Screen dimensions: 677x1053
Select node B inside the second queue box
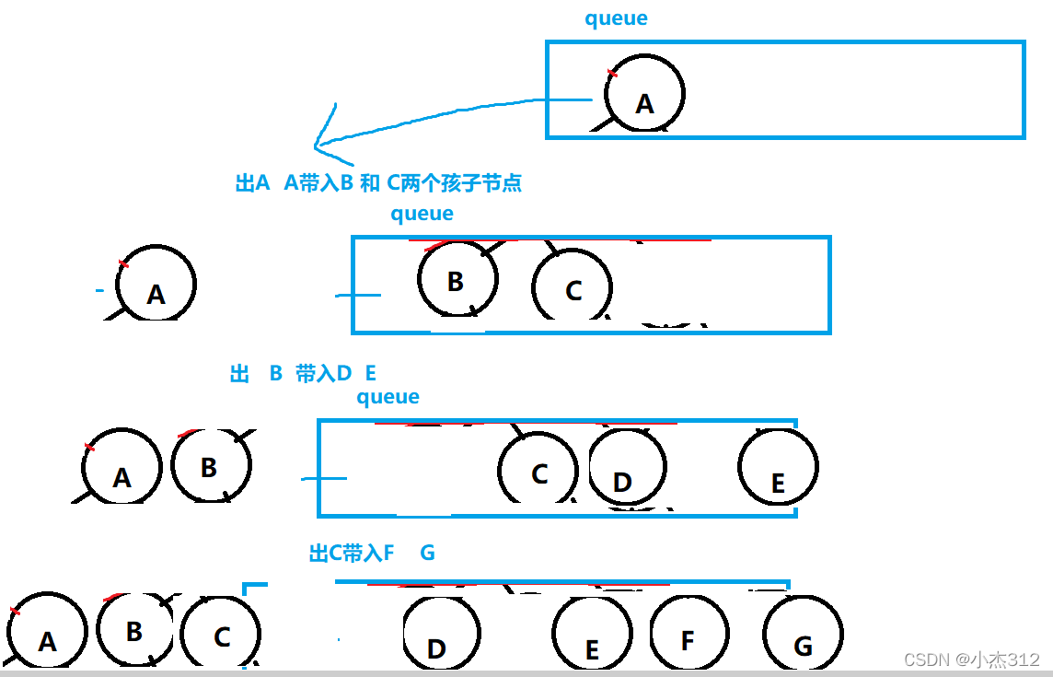(x=457, y=279)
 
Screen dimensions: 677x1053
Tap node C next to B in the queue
(x=572, y=287)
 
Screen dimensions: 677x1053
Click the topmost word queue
(x=616, y=18)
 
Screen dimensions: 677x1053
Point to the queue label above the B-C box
(x=422, y=214)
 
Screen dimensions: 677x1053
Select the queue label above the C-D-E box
(x=388, y=397)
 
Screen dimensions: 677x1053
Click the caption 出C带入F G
(x=372, y=553)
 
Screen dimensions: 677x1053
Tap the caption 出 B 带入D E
(x=303, y=373)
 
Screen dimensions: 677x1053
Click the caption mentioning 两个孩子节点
(x=378, y=183)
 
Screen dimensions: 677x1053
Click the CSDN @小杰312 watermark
(x=971, y=659)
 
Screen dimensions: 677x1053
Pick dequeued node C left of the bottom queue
(x=221, y=636)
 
